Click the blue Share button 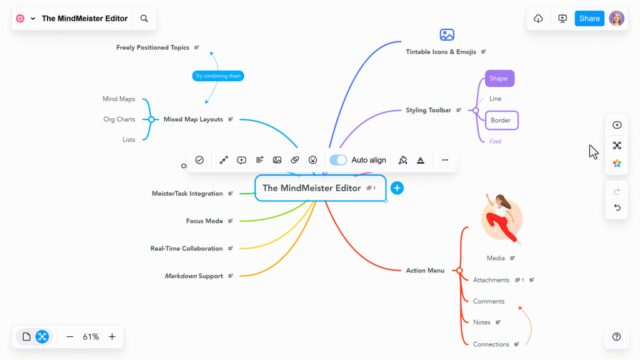click(589, 19)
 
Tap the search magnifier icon click(144, 19)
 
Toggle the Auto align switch click(338, 160)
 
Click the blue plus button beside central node click(397, 188)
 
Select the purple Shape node click(499, 79)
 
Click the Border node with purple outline click(501, 120)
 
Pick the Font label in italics click(496, 141)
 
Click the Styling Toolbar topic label click(428, 111)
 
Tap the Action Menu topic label click(425, 271)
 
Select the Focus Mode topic click(204, 221)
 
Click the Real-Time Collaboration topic click(186, 249)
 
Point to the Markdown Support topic click(194, 276)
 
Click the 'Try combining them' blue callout click(217, 76)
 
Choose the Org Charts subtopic click(119, 119)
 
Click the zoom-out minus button click(70, 337)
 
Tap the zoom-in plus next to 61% click(112, 337)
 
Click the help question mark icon click(617, 337)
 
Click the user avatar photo click(616, 19)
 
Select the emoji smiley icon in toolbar click(313, 160)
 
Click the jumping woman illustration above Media click(502, 218)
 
